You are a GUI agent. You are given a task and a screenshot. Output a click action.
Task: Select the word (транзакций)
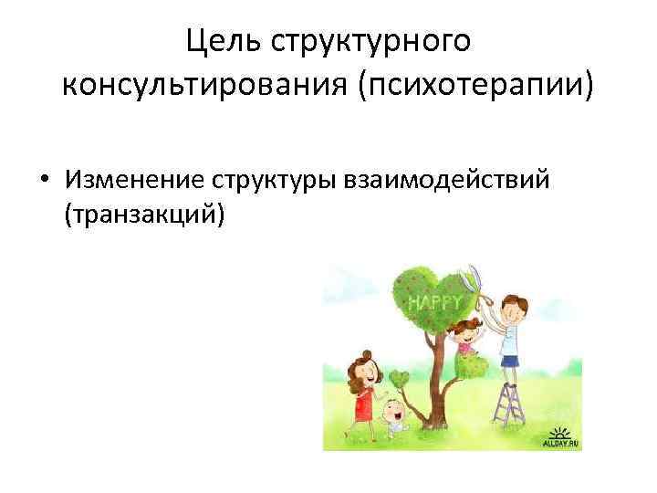143,217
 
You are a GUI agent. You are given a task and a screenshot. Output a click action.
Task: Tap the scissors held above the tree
474,280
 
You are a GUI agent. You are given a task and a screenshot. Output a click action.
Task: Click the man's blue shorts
509,359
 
